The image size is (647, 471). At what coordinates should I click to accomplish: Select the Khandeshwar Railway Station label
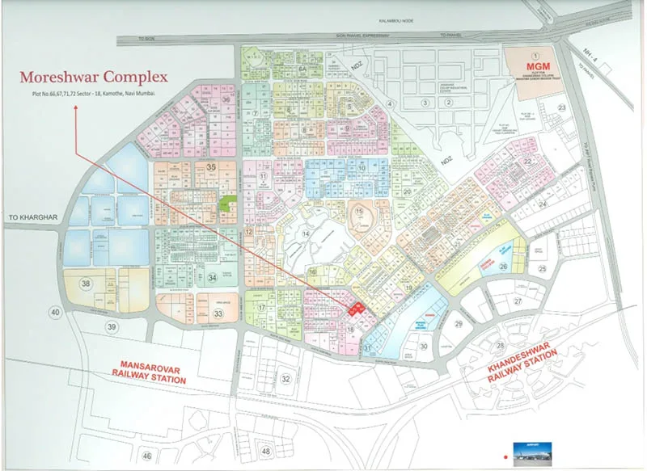(523, 372)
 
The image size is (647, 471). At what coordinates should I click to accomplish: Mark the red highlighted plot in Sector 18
(353, 308)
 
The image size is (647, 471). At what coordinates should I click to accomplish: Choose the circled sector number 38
(85, 284)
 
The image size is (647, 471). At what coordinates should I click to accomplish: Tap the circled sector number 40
(55, 313)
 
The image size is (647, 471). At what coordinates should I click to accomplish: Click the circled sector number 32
(285, 378)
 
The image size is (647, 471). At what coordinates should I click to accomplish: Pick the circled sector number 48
(266, 450)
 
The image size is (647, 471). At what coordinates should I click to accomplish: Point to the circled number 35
(212, 166)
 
